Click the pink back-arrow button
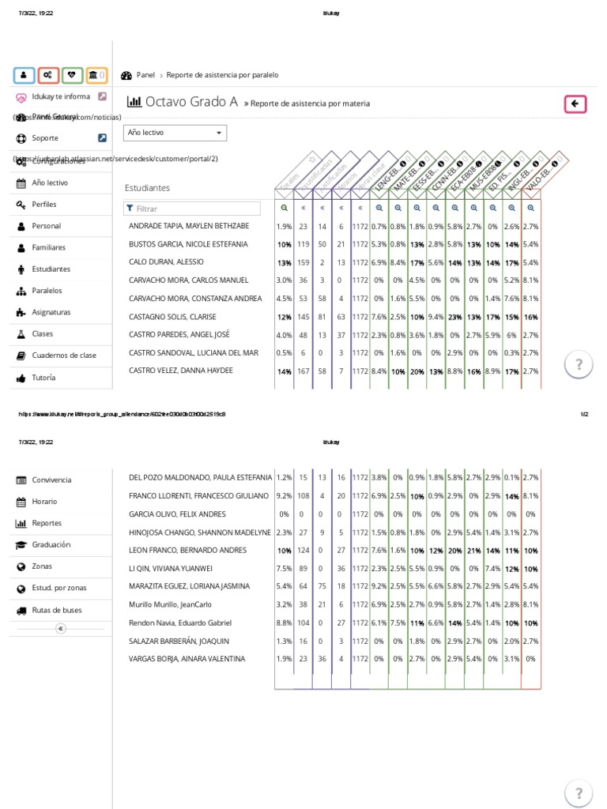(575, 103)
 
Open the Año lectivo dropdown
(175, 133)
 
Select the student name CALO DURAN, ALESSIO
(166, 262)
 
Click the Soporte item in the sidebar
(45, 138)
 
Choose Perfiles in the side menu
(44, 205)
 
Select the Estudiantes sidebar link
(51, 269)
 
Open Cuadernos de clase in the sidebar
(63, 356)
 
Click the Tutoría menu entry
(43, 378)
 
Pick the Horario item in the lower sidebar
(44, 502)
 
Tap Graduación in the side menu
(51, 545)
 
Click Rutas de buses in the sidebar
(56, 611)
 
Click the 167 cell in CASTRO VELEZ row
(303, 371)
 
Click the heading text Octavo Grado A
(191, 102)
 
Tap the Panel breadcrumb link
(145, 75)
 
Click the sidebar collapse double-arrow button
(61, 629)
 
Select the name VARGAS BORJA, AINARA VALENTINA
(187, 659)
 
